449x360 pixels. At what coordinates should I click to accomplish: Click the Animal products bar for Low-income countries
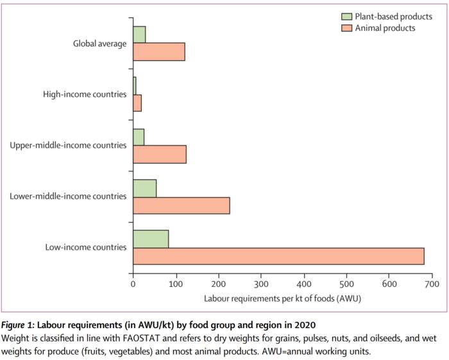(x=278, y=256)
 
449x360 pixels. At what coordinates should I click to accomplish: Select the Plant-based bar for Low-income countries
(x=151, y=239)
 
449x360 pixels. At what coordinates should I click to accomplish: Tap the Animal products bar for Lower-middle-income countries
(x=181, y=205)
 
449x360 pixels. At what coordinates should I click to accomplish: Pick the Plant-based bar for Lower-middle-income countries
(x=144, y=188)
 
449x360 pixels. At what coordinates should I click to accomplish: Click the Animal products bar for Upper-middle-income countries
(x=159, y=155)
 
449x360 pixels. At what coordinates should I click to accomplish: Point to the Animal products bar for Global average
(x=158, y=52)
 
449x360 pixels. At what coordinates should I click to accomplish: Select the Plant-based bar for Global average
(x=139, y=35)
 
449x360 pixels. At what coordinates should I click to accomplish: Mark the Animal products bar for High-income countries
(x=137, y=103)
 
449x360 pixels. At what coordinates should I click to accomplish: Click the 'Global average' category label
(x=99, y=44)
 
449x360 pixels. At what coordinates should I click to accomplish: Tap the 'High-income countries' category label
(x=85, y=94)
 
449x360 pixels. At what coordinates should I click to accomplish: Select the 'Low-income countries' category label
(x=86, y=247)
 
